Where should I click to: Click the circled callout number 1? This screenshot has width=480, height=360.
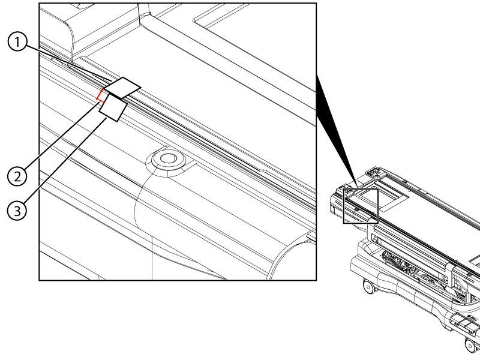pyautogui.click(x=17, y=42)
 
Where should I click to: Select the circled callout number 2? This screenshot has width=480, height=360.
pyautogui.click(x=17, y=176)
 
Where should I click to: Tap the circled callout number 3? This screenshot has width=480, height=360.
pyautogui.click(x=17, y=211)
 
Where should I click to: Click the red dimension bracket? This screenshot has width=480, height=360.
pyautogui.click(x=100, y=95)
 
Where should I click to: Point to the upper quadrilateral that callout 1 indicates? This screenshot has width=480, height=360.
pyautogui.click(x=122, y=88)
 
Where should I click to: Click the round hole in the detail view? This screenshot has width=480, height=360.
pyautogui.click(x=167, y=158)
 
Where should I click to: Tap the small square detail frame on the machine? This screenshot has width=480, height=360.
pyautogui.click(x=361, y=206)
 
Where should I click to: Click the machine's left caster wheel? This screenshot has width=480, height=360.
pyautogui.click(x=369, y=287)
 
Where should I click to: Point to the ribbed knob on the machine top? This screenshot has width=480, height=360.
pyautogui.click(x=378, y=176)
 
